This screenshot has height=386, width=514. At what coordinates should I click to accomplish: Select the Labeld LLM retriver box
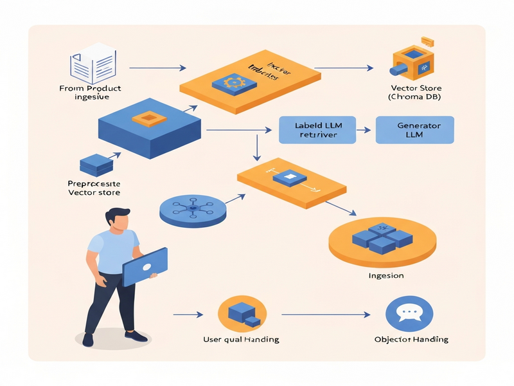317,129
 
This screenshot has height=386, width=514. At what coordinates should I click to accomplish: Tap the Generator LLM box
414,129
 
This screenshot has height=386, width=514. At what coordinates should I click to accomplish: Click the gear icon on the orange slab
230,82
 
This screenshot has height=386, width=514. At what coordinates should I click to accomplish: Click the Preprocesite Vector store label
94,187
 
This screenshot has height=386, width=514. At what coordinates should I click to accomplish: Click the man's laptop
145,266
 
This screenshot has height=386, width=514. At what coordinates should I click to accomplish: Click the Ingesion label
385,276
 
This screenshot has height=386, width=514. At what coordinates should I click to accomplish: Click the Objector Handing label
411,339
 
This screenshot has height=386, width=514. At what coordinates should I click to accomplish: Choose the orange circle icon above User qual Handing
239,313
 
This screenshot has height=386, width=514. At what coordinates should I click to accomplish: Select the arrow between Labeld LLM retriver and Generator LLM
364,129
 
